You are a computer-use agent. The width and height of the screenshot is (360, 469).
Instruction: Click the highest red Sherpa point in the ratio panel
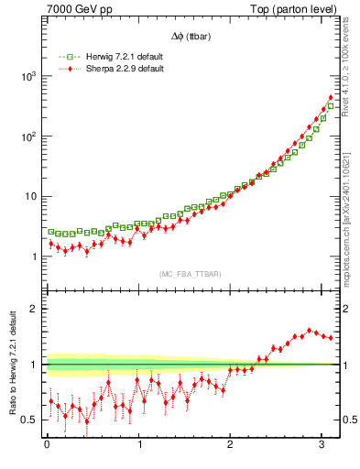pyautogui.click(x=310, y=330)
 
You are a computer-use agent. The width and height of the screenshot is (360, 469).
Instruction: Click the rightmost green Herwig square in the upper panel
pyautogui.click(x=331, y=105)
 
